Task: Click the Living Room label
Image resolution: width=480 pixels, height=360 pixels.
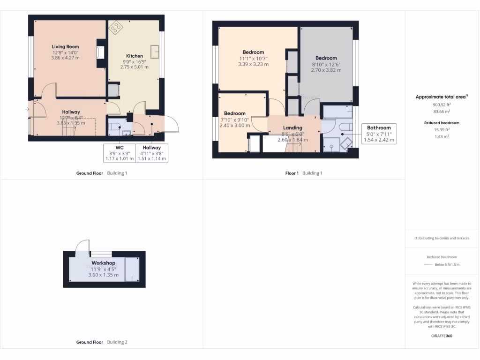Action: point(65,47)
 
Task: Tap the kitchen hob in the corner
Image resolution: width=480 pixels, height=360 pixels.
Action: point(115,28)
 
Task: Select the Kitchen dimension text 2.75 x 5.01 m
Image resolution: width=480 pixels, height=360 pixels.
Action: point(134,67)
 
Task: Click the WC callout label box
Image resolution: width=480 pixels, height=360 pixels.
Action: point(119,153)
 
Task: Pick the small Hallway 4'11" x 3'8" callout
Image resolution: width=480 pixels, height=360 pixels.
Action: point(152,153)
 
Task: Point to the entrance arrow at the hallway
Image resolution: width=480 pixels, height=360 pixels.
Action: point(27,109)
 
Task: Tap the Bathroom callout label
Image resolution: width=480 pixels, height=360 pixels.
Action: point(379,134)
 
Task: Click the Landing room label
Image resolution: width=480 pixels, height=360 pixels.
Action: point(292,127)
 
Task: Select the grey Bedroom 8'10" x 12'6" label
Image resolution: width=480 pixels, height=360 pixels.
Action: point(326,58)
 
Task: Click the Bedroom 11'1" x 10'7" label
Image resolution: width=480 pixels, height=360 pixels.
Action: point(253,52)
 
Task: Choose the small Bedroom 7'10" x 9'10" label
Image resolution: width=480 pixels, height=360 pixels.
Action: point(234,113)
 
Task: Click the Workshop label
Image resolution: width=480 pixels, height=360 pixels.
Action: point(103,263)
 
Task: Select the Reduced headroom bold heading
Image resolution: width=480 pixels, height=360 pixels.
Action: point(441,123)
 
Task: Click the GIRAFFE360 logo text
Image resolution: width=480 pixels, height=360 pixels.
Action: point(441,336)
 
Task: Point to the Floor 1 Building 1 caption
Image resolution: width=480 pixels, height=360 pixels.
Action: point(304,173)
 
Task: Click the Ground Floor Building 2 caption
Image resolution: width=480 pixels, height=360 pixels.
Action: point(102,342)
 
